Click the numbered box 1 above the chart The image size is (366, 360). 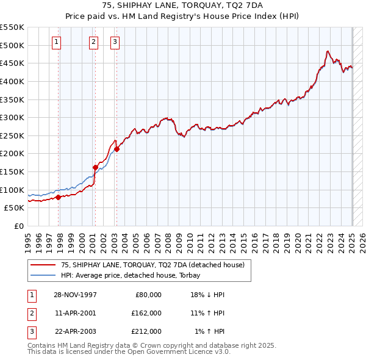point(56,42)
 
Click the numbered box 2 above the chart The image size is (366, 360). point(93,42)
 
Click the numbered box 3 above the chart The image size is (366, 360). point(115,42)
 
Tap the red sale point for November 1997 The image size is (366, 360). point(59,197)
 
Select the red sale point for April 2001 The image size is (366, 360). point(95,167)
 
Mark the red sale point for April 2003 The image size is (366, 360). point(117,149)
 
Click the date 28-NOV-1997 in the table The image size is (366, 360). point(75,295)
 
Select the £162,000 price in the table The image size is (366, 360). point(146,313)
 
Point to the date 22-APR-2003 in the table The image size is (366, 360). point(75,331)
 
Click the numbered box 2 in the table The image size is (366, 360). point(30,313)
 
